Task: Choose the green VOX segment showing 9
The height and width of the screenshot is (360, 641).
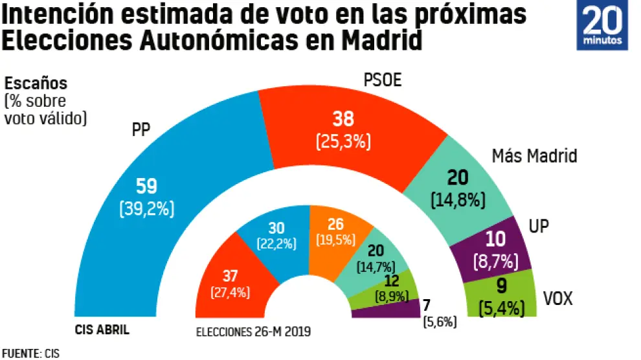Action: (x=502, y=298)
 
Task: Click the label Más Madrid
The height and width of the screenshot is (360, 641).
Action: (x=534, y=156)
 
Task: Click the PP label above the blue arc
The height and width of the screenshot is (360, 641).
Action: (x=141, y=129)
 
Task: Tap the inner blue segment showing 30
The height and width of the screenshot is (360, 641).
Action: (x=275, y=236)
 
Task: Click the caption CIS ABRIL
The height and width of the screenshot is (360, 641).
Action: (x=102, y=330)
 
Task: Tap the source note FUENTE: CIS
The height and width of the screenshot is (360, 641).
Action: (x=30, y=353)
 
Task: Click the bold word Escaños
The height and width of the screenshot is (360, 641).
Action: (x=36, y=84)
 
